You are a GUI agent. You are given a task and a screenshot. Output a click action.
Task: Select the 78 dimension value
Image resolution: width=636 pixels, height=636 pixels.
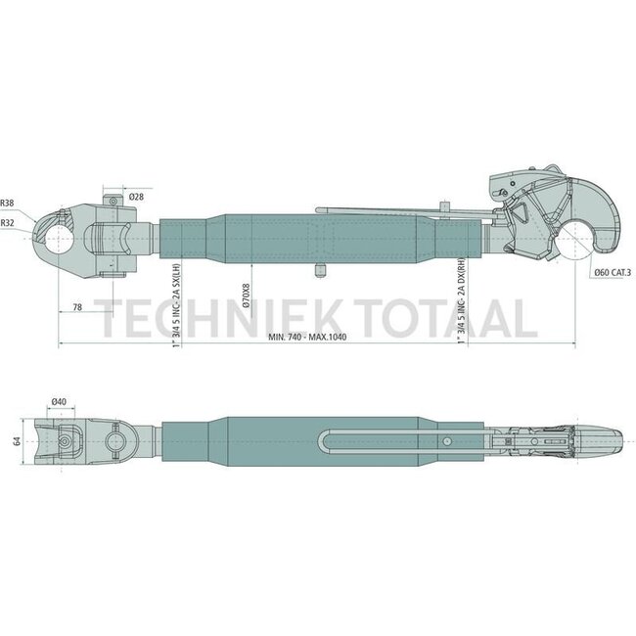click(x=78, y=308)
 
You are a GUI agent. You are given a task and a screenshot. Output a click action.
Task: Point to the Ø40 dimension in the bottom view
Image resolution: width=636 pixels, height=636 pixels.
click(x=60, y=401)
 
